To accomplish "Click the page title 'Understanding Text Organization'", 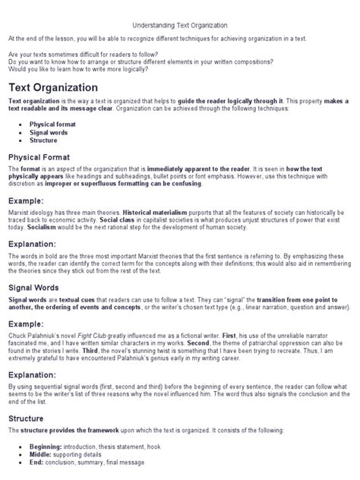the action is [179, 25].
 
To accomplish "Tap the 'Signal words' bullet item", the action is [50, 131].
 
